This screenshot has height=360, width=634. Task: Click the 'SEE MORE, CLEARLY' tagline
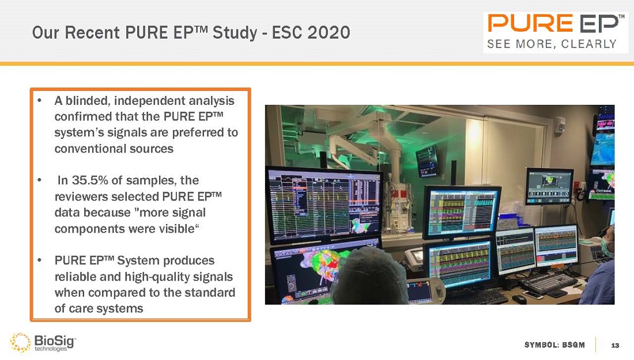(552, 44)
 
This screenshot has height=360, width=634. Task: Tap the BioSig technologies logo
(44, 342)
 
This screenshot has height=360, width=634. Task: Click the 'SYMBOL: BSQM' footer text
(554, 345)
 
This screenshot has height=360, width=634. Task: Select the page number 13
(614, 345)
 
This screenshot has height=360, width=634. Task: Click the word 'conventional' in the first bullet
(88, 149)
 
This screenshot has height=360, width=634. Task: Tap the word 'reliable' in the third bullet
(74, 276)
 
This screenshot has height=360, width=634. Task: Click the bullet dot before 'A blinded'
(39, 101)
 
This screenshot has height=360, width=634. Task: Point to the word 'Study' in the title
(230, 33)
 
